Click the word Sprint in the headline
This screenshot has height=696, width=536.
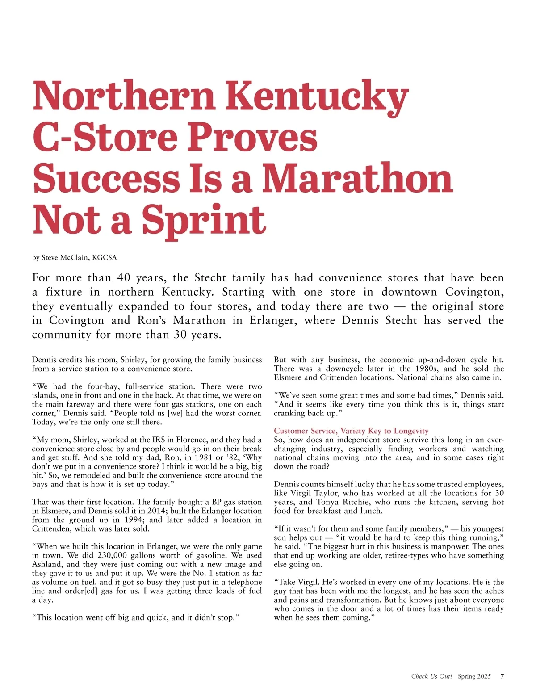[x=204, y=220]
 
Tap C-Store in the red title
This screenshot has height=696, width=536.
[x=105, y=137]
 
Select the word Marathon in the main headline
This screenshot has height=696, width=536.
[x=357, y=178]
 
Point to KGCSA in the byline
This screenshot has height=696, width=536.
[x=104, y=258]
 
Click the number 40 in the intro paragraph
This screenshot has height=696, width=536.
[x=124, y=278]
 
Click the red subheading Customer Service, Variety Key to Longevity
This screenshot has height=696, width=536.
[x=351, y=431]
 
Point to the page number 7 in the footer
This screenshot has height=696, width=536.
[x=502, y=676]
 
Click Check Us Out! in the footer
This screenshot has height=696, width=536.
[x=431, y=676]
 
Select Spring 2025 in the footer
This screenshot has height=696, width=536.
[x=474, y=676]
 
